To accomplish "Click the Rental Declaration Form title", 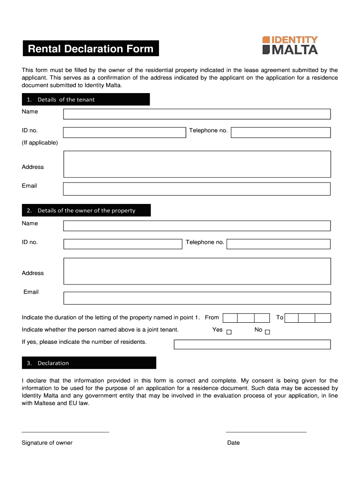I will click(x=91, y=49).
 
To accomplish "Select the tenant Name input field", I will click(x=197, y=114).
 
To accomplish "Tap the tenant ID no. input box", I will click(x=124, y=132).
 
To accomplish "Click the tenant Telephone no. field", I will click(x=281, y=132).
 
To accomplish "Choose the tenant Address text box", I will click(x=197, y=164).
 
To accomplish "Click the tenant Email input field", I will click(x=197, y=189).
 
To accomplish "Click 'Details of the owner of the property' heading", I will click(x=86, y=210).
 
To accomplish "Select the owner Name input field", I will click(x=197, y=226).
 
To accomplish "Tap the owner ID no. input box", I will click(x=122, y=244).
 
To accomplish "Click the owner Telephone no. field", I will click(x=279, y=244).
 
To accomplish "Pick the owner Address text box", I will click(x=197, y=271).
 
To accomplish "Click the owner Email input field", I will click(x=197, y=298).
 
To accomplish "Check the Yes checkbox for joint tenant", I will click(x=229, y=333).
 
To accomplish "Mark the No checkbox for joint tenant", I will click(x=267, y=333).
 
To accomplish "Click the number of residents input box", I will click(x=252, y=344).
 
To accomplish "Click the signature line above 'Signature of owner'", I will click(x=65, y=432).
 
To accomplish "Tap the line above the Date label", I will click(x=266, y=432).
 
